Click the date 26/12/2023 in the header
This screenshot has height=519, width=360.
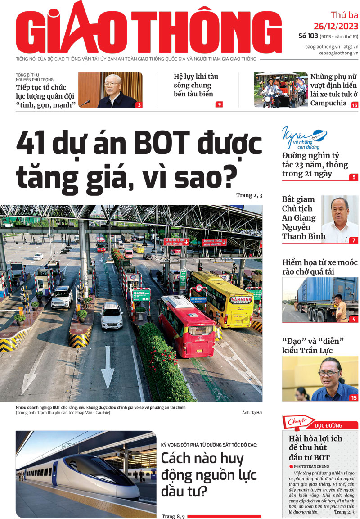(x=336, y=26)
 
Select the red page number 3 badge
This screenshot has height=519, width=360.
(x=139, y=105)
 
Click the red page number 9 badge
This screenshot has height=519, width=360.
(x=219, y=105)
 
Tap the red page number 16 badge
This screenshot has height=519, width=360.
(x=355, y=105)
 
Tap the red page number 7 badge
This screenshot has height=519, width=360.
(x=354, y=240)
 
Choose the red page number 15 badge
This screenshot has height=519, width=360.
(x=354, y=397)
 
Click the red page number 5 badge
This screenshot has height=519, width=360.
(x=354, y=177)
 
